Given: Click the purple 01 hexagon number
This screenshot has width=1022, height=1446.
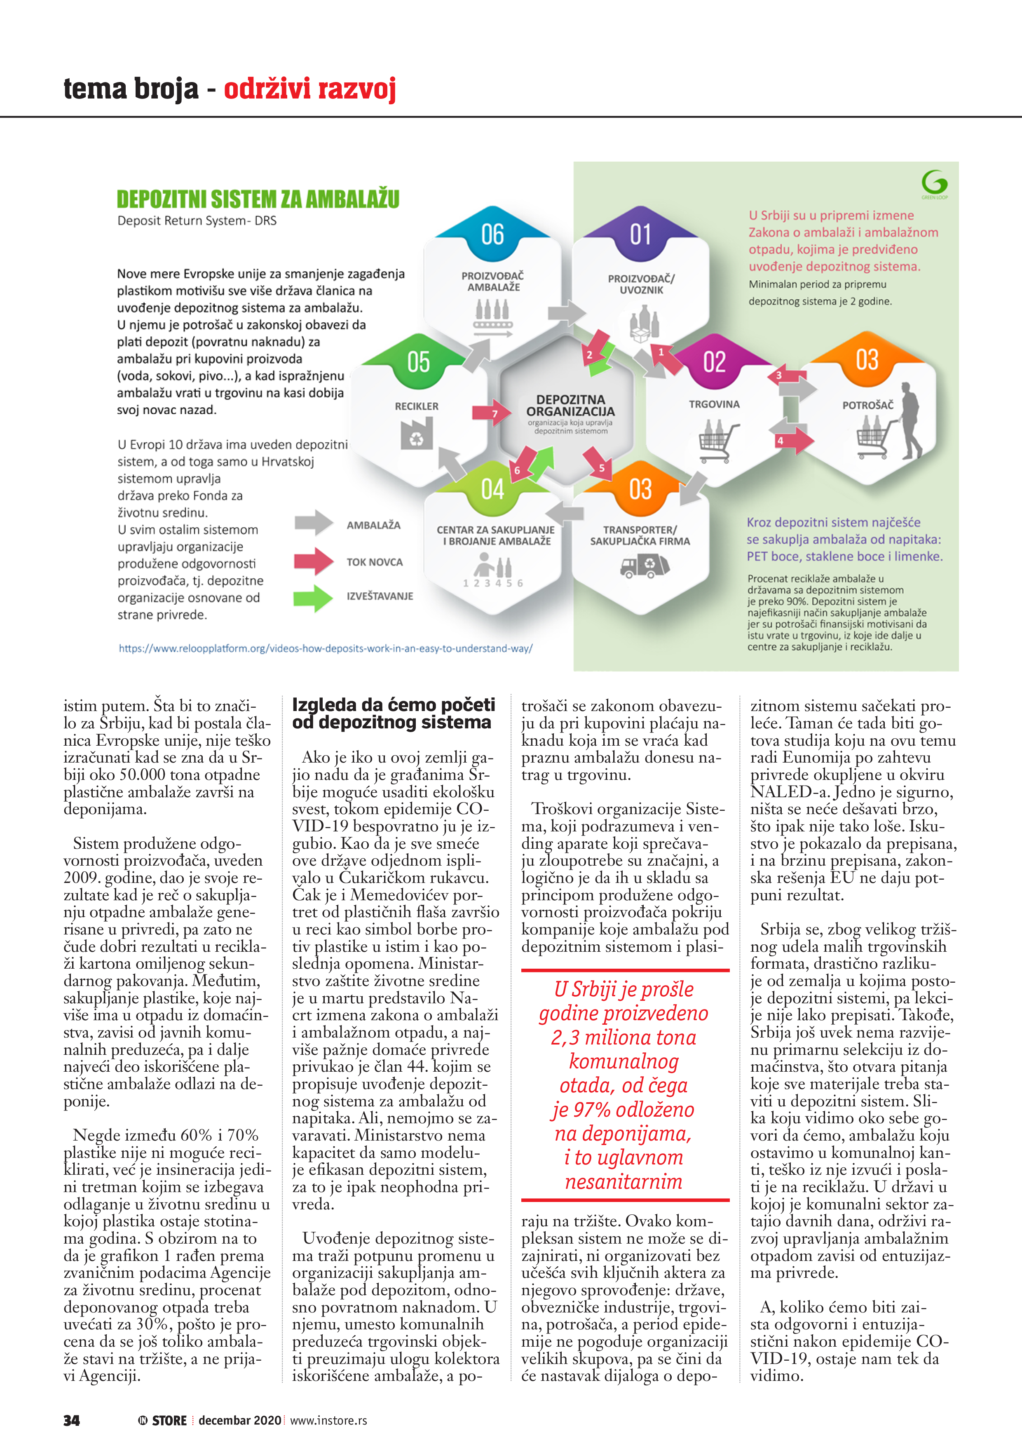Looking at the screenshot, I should pyautogui.click(x=640, y=235).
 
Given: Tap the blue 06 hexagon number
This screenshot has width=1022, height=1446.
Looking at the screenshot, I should pyautogui.click(x=492, y=235).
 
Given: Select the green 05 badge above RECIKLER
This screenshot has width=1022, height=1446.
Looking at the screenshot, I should pyautogui.click(x=418, y=362).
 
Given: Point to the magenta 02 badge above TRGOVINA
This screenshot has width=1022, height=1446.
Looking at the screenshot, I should pyautogui.click(x=714, y=362).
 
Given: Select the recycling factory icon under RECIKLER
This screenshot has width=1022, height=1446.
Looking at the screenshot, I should pyautogui.click(x=416, y=434).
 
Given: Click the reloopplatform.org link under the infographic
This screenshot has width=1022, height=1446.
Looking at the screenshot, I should pyautogui.click(x=326, y=648).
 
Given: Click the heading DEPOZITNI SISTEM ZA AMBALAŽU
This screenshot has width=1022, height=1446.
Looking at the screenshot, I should pyautogui.click(x=258, y=200).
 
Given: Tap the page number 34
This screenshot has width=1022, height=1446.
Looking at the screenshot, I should pyautogui.click(x=72, y=1420).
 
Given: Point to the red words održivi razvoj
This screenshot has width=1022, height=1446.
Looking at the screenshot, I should pyautogui.click(x=310, y=89).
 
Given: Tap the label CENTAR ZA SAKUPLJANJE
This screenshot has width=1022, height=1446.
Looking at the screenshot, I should pyautogui.click(x=496, y=530).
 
